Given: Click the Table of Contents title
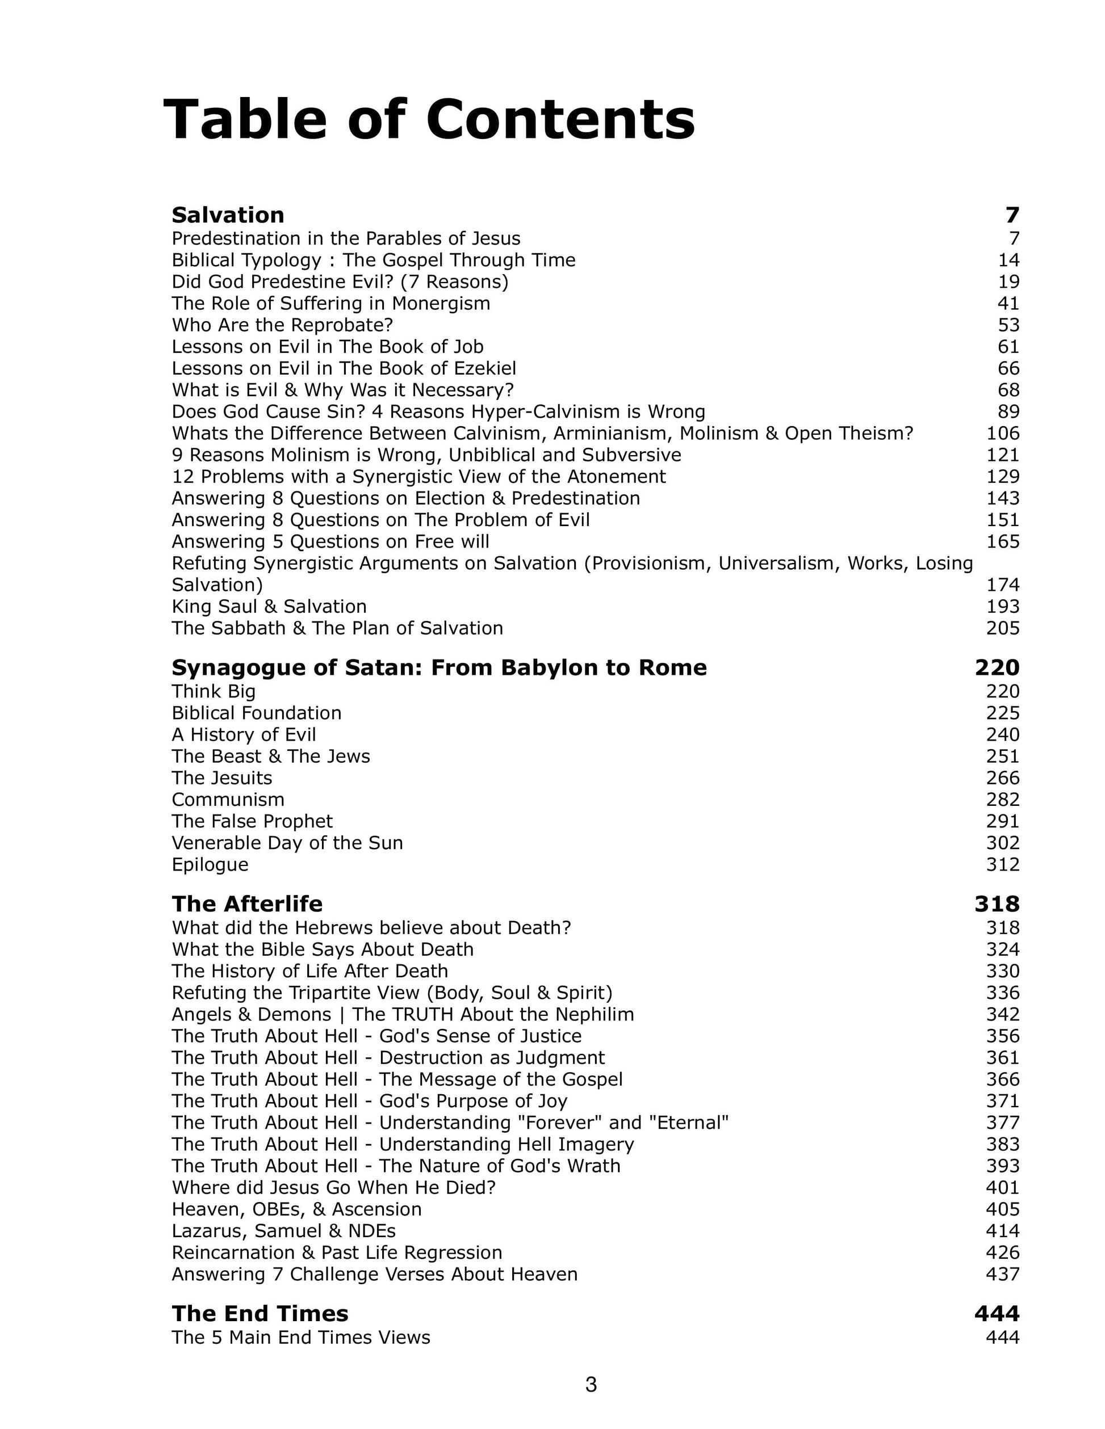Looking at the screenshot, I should tap(429, 119).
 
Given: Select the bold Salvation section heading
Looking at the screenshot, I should tap(228, 215).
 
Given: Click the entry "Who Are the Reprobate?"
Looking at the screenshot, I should tap(282, 325).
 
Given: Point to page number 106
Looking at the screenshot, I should tap(1002, 433).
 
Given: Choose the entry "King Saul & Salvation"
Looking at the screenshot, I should tap(269, 607).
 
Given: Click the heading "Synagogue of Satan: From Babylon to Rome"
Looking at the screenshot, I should tap(438, 667).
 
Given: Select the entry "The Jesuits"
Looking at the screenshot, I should tap(222, 778).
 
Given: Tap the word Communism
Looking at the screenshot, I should tap(228, 800).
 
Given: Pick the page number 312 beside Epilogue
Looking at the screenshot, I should tap(1002, 864).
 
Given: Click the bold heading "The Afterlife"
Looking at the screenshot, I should tap(247, 903).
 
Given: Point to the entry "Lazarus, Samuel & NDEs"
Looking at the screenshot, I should tap(283, 1231).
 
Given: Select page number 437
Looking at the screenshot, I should tap(1002, 1274).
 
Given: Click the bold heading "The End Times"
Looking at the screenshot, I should tap(260, 1313).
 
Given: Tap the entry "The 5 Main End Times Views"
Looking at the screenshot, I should tap(301, 1336).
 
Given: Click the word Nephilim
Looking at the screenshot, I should tap(595, 1014).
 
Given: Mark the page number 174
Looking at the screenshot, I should tap(1002, 585).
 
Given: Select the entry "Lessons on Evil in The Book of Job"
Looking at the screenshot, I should tap(327, 347).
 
